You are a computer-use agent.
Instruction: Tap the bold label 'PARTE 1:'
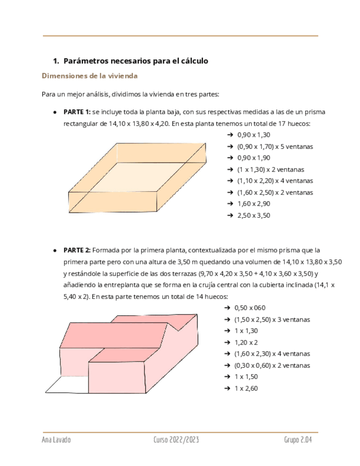click(77, 112)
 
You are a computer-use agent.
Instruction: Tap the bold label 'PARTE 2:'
click(77, 250)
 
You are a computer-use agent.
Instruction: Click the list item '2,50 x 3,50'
click(253, 215)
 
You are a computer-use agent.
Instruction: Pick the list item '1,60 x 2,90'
click(253, 204)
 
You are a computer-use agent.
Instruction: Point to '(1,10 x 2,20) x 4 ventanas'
click(275, 181)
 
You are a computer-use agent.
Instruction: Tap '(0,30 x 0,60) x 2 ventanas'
click(272, 365)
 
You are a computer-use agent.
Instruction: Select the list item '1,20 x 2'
click(246, 342)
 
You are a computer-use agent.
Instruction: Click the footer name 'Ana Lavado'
click(56, 441)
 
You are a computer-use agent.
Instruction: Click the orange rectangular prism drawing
click(137, 176)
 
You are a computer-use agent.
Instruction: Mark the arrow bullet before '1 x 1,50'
click(229, 377)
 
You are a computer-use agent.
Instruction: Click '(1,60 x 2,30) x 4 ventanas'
click(272, 354)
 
